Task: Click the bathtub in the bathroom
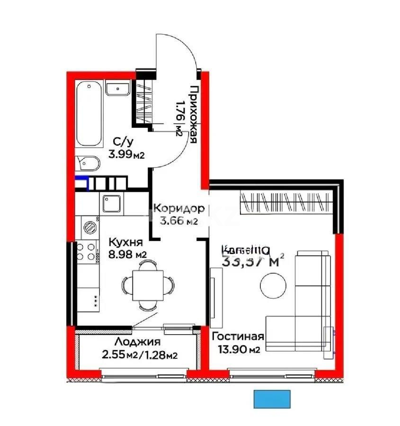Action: pos(89,114)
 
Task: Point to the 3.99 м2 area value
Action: pos(126,153)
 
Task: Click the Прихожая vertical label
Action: pos(193,114)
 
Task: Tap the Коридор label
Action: pos(179,208)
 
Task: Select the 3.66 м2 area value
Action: pos(179,221)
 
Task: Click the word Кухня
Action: pos(125,242)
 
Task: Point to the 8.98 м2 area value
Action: pos(127,254)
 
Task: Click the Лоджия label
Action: pos(138,342)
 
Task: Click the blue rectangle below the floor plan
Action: pos(272,399)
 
